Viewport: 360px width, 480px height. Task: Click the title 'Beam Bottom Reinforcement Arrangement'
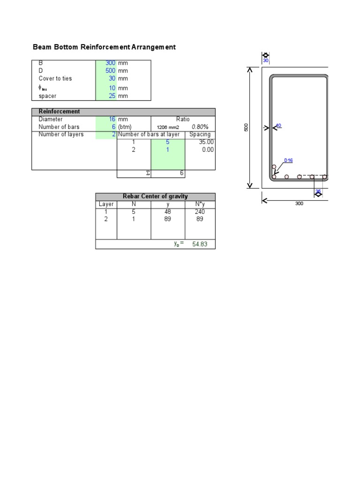coord(104,47)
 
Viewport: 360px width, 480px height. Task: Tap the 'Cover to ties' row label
coord(55,79)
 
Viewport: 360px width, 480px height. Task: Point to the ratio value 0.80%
coord(200,127)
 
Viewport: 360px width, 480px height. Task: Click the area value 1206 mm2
coord(168,127)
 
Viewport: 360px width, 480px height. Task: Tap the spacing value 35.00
coord(206,142)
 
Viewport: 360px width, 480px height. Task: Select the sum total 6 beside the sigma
coord(182,173)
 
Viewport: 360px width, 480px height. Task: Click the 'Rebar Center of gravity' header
coord(155,196)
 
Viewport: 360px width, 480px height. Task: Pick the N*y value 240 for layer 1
coord(200,212)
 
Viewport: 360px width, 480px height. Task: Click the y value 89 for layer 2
coord(168,219)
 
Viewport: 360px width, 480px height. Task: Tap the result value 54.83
coord(200,244)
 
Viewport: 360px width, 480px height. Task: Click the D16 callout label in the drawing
coord(288,161)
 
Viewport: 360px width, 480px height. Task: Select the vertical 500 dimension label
coord(246,127)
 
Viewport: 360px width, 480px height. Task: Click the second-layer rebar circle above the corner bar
coord(274,167)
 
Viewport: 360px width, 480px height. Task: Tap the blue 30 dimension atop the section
coord(265,60)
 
